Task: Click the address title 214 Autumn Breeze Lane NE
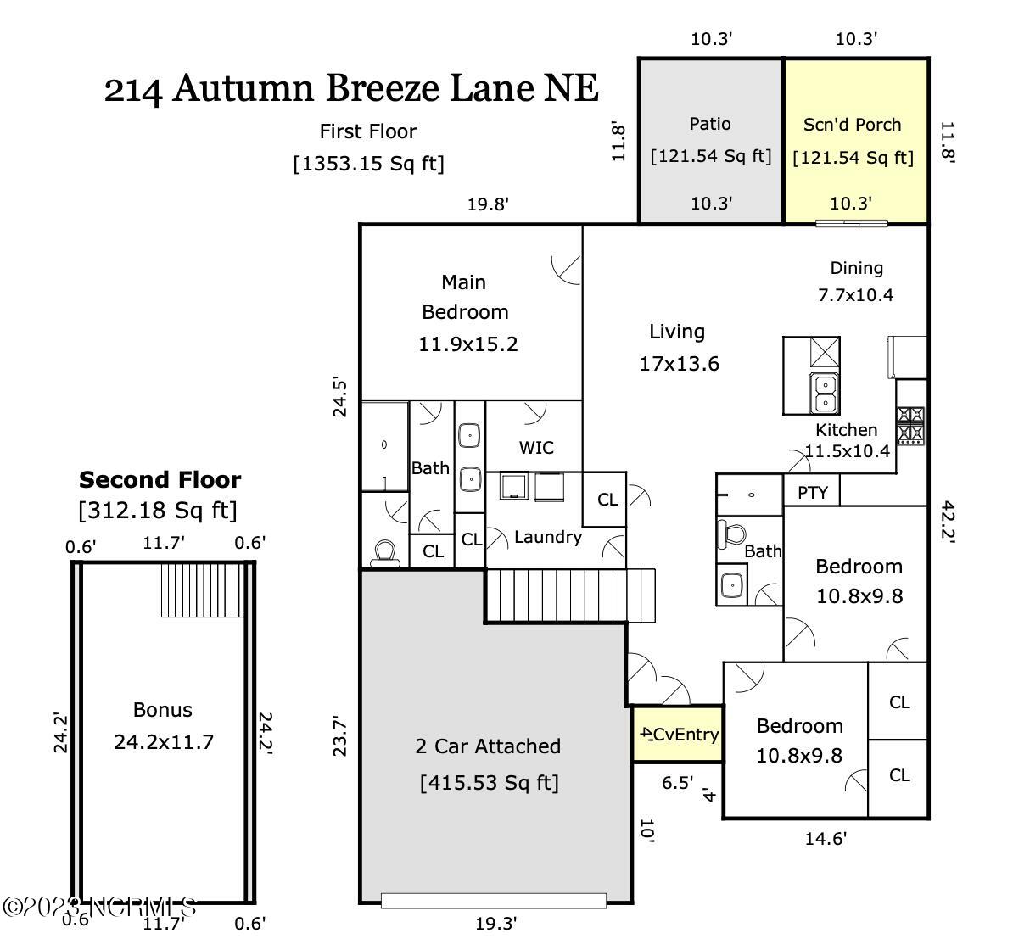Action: pyautogui.click(x=351, y=88)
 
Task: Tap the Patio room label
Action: pyautogui.click(x=710, y=124)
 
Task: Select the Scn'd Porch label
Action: pyautogui.click(x=853, y=125)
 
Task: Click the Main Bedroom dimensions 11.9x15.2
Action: pyautogui.click(x=467, y=344)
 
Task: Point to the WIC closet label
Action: pyautogui.click(x=536, y=447)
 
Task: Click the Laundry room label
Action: pyautogui.click(x=548, y=537)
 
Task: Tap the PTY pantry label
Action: pyautogui.click(x=813, y=492)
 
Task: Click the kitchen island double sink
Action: pyautogui.click(x=824, y=393)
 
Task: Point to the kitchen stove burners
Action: pyautogui.click(x=910, y=425)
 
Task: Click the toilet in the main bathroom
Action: pyautogui.click(x=385, y=552)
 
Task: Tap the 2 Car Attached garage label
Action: pyautogui.click(x=488, y=746)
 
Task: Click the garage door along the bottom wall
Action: pyautogui.click(x=494, y=900)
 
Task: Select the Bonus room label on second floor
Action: pyautogui.click(x=163, y=710)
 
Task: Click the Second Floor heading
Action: pyautogui.click(x=160, y=480)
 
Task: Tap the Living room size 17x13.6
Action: pyautogui.click(x=679, y=364)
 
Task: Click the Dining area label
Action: pyautogui.click(x=856, y=268)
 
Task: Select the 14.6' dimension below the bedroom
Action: pyautogui.click(x=825, y=839)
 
